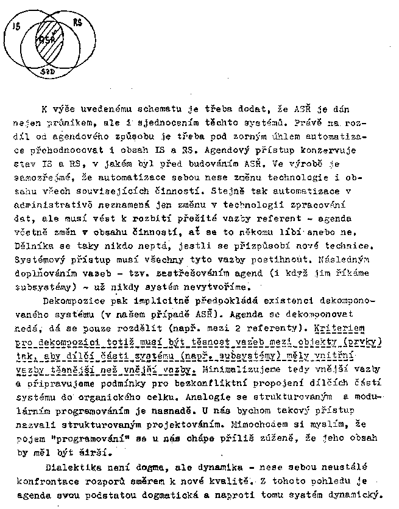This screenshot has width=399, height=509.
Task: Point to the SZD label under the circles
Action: point(48,71)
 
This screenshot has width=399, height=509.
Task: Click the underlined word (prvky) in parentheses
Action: point(358,342)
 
